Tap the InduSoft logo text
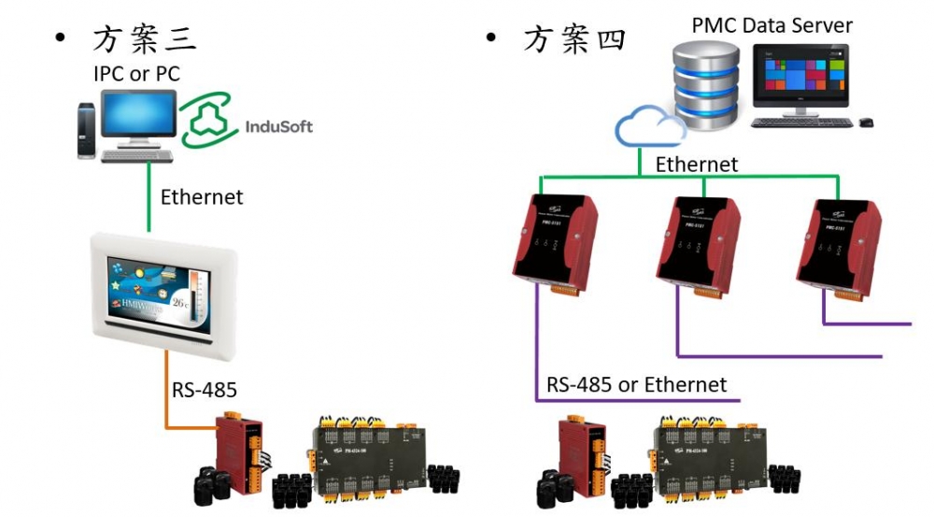(x=278, y=127)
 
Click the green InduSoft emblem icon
(x=209, y=122)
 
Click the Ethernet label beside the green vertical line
(x=202, y=197)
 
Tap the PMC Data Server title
(x=771, y=25)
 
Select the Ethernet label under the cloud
(x=697, y=165)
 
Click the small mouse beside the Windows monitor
(x=866, y=122)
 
